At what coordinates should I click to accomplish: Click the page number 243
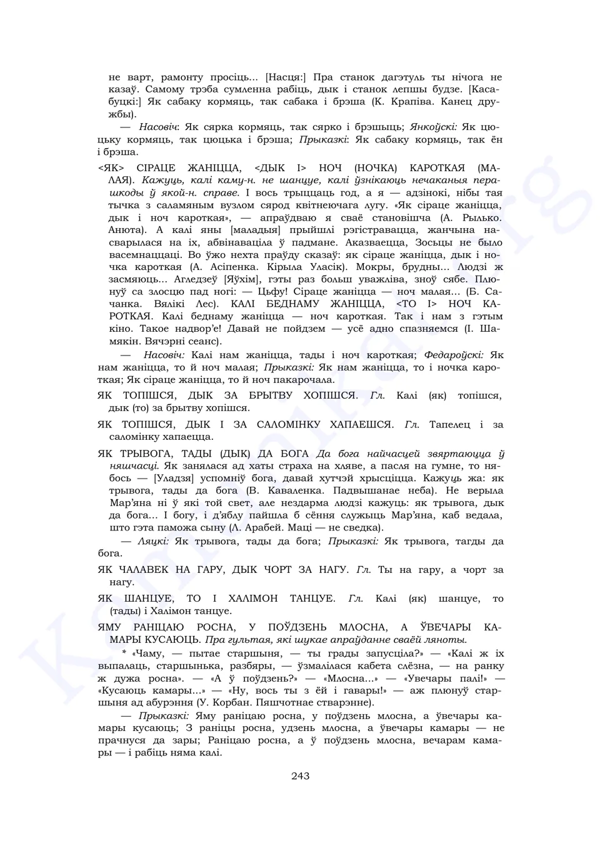(300, 777)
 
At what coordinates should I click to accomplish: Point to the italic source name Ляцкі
(154, 540)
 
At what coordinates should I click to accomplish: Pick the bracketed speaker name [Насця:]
(286, 77)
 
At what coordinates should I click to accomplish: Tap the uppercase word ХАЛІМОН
(244, 599)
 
